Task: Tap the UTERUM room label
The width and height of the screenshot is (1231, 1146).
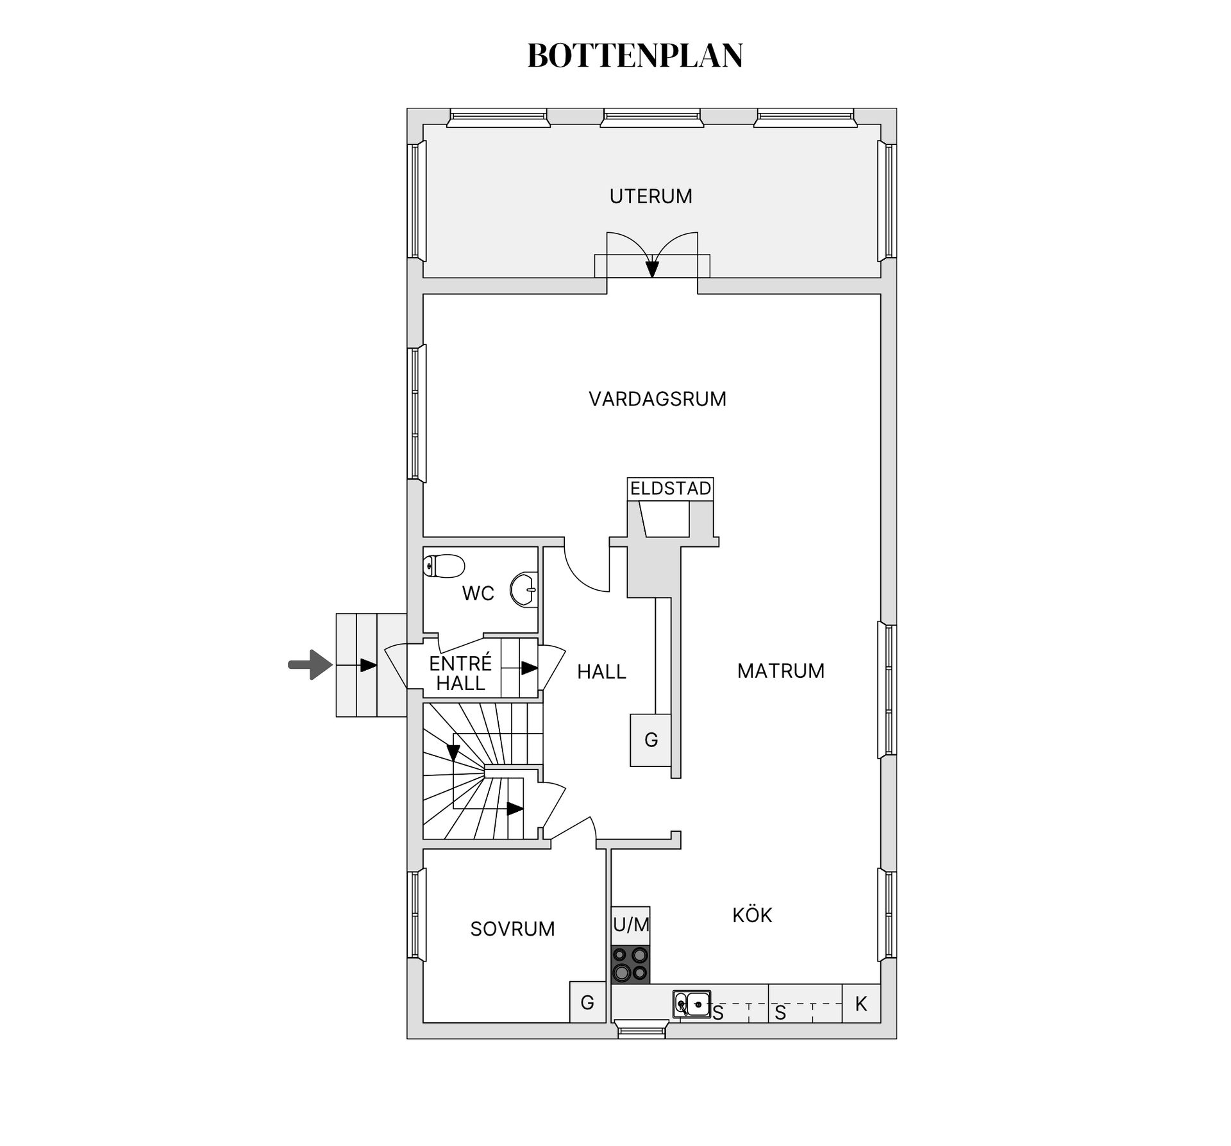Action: (651, 196)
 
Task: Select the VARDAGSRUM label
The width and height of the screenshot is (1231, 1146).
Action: (657, 399)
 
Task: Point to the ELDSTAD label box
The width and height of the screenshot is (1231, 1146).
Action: (670, 489)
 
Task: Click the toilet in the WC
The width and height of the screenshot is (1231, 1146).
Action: (444, 566)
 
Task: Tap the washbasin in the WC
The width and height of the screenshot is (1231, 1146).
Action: (523, 589)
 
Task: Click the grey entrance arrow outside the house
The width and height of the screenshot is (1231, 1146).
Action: (310, 664)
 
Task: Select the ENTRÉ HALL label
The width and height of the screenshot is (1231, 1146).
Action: (460, 673)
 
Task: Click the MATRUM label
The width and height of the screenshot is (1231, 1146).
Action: (780, 671)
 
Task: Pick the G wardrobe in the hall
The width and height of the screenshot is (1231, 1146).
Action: (651, 740)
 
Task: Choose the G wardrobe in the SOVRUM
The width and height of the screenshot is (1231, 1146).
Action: (587, 1002)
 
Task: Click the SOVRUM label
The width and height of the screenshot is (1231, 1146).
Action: (512, 929)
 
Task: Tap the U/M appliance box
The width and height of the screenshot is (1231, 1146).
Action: (631, 925)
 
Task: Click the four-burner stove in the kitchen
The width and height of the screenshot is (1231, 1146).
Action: (631, 965)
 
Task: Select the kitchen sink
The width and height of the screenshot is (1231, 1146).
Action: (692, 1004)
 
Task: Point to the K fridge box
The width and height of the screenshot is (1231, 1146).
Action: (861, 1004)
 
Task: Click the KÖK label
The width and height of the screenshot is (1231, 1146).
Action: (752, 915)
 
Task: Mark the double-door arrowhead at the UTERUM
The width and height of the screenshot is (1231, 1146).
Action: (652, 269)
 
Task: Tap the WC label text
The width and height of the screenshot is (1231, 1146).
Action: (478, 594)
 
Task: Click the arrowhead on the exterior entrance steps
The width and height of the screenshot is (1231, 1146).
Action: (369, 666)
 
